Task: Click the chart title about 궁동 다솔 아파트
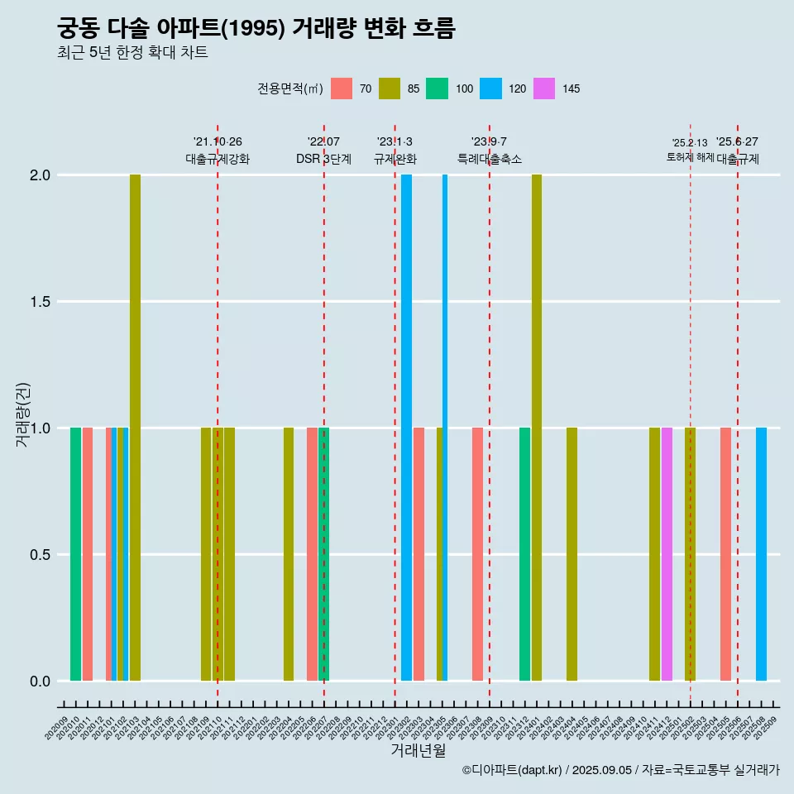pos(256,29)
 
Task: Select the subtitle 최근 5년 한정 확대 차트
pos(132,53)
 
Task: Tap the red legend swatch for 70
pos(342,88)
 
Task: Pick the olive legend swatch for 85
pos(390,88)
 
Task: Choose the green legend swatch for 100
pos(437,88)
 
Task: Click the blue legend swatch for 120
pos(491,88)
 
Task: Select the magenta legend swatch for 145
pos(546,88)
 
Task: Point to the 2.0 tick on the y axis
pos(41,175)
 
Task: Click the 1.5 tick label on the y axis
pos(41,302)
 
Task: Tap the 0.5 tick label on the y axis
pos(41,555)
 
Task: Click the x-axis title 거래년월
pos(418,751)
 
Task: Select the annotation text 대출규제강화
pos(218,159)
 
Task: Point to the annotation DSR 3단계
pos(323,159)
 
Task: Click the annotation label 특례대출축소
pos(490,159)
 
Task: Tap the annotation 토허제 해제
pos(690,157)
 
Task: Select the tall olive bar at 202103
pos(135,428)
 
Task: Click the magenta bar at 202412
pos(667,554)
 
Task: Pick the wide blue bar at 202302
pos(406,428)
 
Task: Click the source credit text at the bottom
pos(620,770)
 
